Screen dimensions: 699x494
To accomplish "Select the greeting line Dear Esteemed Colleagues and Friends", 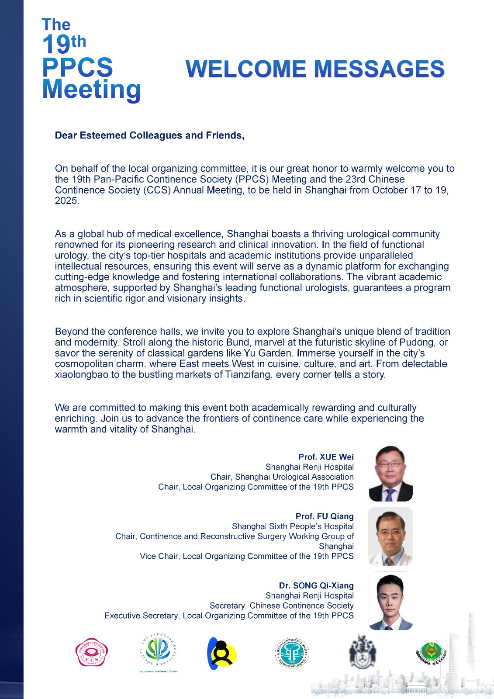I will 149,135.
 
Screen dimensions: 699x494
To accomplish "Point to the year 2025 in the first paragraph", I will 66,201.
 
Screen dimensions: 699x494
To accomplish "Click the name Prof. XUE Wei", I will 326,457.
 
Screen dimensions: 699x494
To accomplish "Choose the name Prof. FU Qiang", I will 325,516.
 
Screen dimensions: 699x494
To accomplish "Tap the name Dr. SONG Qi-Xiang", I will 316,585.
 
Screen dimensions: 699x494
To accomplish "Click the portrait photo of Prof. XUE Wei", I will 390,474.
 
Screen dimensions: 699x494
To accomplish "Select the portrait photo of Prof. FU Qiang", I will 390,536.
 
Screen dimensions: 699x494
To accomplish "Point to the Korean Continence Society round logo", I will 292,653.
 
